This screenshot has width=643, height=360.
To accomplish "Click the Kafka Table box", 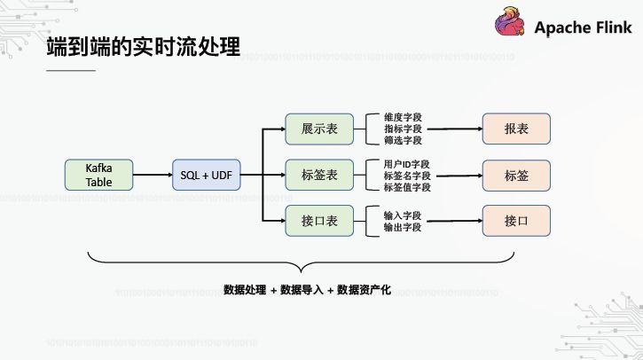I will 99,175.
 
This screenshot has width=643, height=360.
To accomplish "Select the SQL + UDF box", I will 206,175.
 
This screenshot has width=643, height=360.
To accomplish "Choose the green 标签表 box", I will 319,175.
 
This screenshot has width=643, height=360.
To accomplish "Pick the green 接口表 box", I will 319,221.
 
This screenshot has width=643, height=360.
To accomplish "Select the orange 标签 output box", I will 516,175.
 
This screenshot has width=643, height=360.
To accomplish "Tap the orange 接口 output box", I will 516,221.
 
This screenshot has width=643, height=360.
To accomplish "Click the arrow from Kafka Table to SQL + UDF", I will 153,175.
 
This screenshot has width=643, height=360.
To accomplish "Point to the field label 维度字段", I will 403,117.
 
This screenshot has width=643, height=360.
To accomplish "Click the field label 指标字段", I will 403,129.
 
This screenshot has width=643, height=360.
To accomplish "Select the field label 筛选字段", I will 403,140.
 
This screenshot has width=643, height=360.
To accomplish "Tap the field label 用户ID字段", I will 407,164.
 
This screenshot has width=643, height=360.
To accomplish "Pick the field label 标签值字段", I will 407,187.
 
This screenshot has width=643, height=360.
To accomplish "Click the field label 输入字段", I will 403,215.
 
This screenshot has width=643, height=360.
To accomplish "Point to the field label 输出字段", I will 403,228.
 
